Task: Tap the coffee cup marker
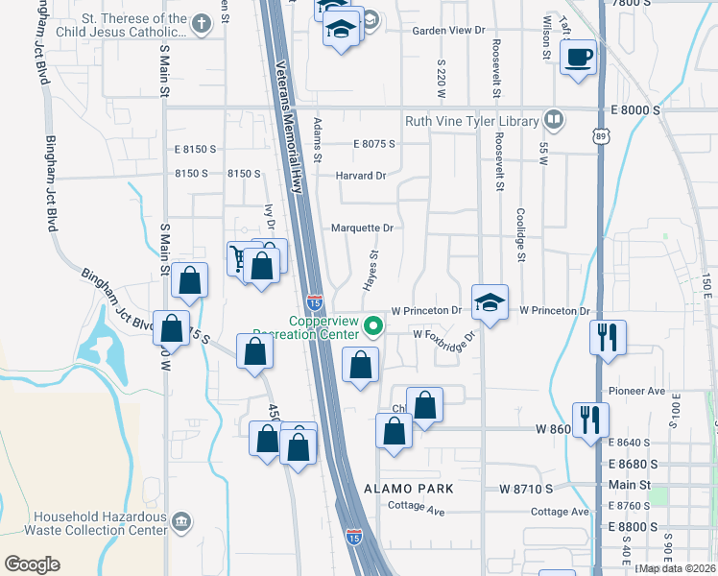tap(579, 57)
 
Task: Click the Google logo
tap(32, 564)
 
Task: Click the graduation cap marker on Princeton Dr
tap(490, 303)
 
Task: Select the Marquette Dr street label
tap(362, 228)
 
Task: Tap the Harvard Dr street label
tap(360, 176)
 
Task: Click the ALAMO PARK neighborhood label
tap(408, 489)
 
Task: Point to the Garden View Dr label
tap(448, 31)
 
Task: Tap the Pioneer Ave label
tap(637, 392)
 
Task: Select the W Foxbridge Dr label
tap(444, 335)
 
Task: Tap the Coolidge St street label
tap(519, 235)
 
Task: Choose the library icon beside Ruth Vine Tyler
tap(553, 120)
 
